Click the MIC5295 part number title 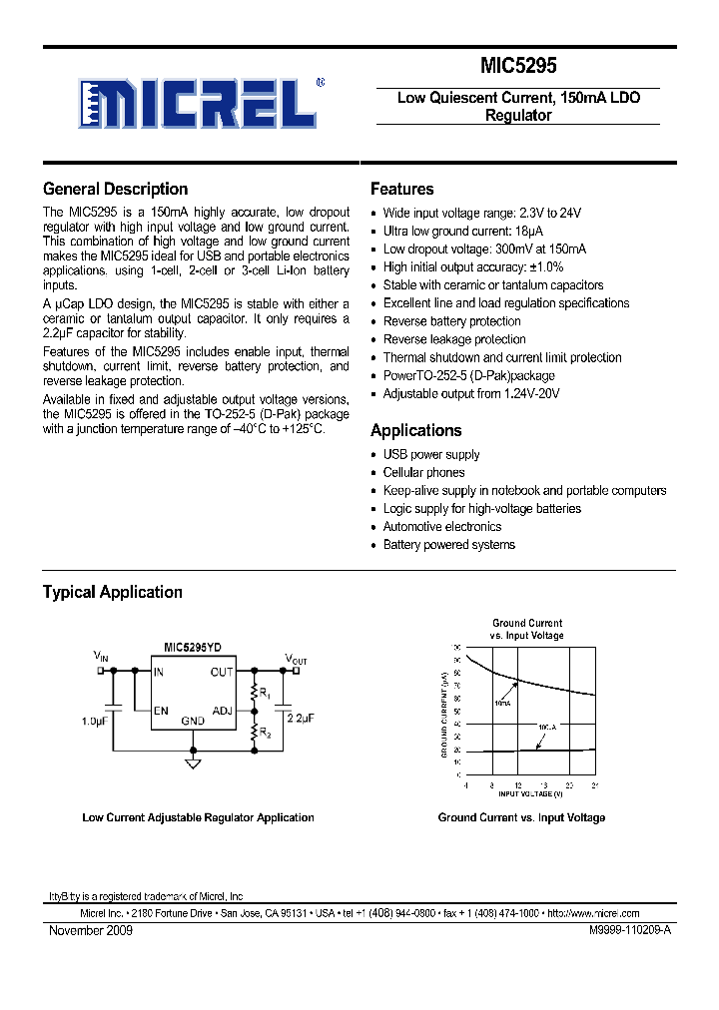[517, 66]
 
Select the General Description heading [115, 189]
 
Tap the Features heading [401, 189]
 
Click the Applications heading [415, 430]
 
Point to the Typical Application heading [112, 592]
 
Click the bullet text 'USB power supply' [431, 455]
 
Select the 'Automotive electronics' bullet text [442, 527]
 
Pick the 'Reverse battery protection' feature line [452, 321]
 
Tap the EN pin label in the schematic [160, 711]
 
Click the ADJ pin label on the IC [222, 711]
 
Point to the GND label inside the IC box [192, 721]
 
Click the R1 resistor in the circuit [255, 691]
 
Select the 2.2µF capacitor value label [300, 718]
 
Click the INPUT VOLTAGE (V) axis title [529, 794]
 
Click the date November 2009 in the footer [91, 930]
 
